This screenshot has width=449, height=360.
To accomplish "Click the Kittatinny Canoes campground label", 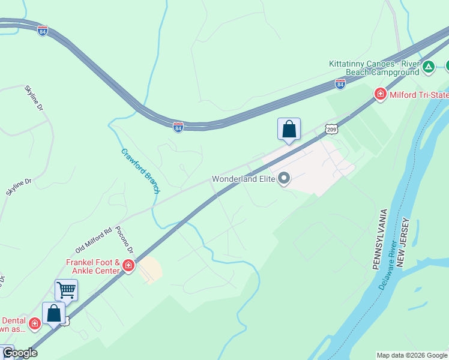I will pos(373,68).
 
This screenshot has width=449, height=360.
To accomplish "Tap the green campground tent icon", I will pos(428,67).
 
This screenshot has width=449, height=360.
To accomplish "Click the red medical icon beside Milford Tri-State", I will pos(379,94).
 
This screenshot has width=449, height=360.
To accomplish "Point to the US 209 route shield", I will pos(331,129).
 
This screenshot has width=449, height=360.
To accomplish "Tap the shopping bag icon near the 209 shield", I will pos(289,129).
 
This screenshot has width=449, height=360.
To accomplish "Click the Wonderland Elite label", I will pos(243,179).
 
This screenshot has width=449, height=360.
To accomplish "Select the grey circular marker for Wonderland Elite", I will pos(285,178).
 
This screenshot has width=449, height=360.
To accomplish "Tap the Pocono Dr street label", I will pos(124,239).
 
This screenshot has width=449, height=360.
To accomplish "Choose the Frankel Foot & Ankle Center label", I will pos(93,266).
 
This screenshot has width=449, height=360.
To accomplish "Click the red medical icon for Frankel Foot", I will pos(128,266).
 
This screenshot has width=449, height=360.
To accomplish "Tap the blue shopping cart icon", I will pos(66,290).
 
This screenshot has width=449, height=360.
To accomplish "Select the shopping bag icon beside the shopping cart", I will pos(53,313).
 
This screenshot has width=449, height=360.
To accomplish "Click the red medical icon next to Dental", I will pos(35,324).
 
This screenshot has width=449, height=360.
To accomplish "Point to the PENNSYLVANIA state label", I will pos(380,240).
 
